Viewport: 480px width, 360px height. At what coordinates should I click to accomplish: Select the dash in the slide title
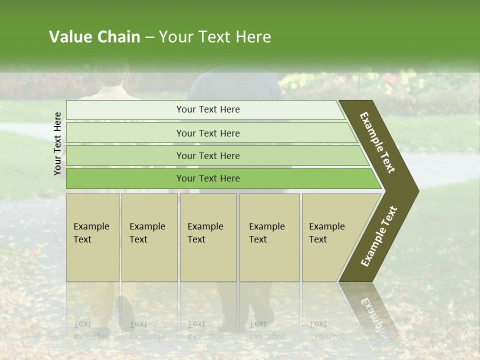[149, 37]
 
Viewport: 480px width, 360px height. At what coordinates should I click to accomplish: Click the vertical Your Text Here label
[57, 143]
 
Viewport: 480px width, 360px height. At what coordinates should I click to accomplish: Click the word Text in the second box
[138, 239]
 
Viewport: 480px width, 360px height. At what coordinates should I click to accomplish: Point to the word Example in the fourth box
[266, 226]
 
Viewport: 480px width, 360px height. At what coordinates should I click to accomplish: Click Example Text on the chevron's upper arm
[377, 142]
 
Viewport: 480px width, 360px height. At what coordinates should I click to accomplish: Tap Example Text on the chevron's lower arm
[379, 236]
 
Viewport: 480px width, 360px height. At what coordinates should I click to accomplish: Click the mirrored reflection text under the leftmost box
[91, 330]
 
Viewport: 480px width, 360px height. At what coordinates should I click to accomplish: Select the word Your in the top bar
[185, 109]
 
